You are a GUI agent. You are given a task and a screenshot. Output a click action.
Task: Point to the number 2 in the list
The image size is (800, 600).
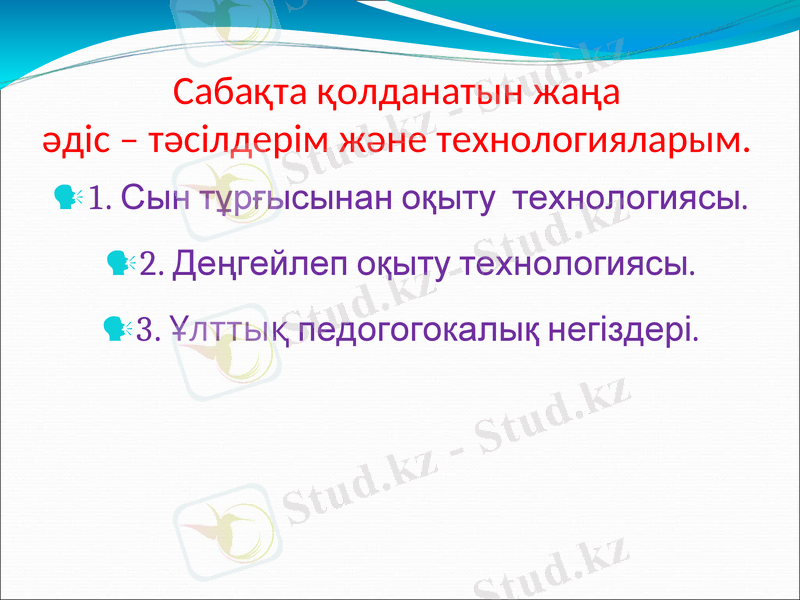[x=151, y=267]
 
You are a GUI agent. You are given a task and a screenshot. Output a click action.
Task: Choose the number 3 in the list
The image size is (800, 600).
[x=149, y=329]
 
